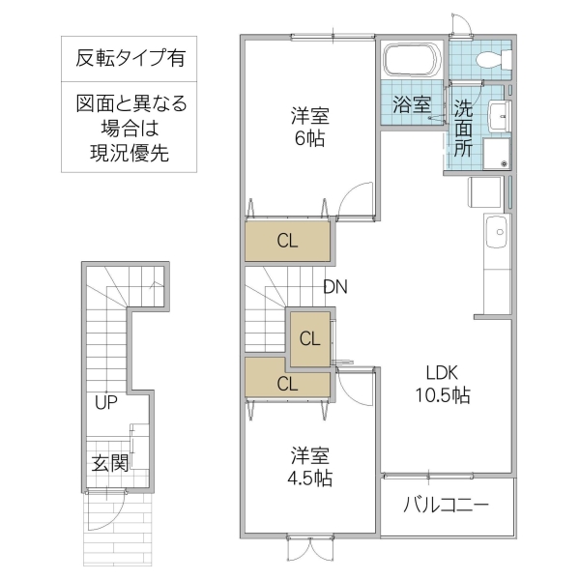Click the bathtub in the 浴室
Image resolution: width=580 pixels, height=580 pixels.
(413, 62)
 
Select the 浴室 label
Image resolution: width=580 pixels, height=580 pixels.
(412, 104)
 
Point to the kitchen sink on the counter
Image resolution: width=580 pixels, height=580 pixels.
(497, 232)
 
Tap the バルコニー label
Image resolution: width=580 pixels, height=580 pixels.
(446, 505)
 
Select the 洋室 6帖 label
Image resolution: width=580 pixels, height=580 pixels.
(309, 127)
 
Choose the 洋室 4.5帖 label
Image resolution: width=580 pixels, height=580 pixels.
(310, 466)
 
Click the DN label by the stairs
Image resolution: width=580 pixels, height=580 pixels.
(335, 287)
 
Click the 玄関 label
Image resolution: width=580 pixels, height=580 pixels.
(110, 463)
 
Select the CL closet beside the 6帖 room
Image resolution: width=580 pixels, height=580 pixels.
(288, 242)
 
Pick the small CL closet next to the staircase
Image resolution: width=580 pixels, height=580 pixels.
(309, 338)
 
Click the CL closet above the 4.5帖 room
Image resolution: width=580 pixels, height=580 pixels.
(287, 383)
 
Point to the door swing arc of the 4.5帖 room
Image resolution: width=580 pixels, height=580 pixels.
(354, 389)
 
